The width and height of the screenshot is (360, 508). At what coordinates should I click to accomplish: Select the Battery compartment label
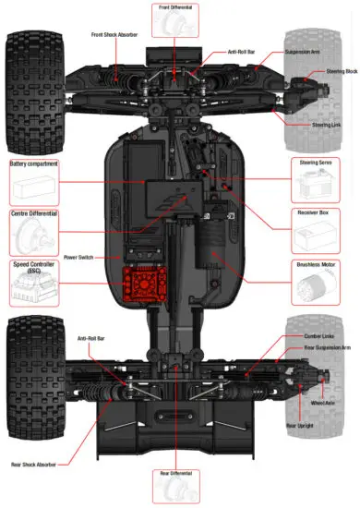pos(34,163)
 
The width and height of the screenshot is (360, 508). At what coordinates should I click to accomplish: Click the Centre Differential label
pos(34,213)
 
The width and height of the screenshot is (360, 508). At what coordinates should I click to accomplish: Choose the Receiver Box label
pos(318,213)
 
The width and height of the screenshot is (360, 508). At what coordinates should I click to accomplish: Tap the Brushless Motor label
pos(318,264)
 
